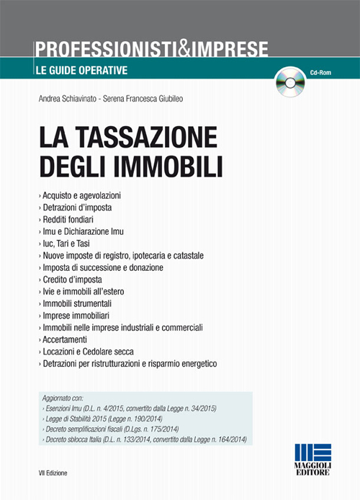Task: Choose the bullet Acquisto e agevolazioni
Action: (x=81, y=195)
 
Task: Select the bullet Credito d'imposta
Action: (x=72, y=280)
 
